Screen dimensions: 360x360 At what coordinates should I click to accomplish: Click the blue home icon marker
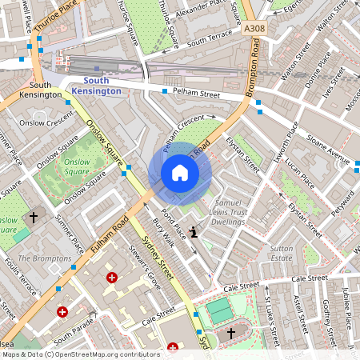click(179, 173)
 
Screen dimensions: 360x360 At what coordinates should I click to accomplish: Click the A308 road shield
click(254, 29)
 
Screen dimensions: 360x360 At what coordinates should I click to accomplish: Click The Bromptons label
click(45, 258)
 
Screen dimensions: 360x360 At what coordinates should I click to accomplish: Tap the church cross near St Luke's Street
click(231, 332)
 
